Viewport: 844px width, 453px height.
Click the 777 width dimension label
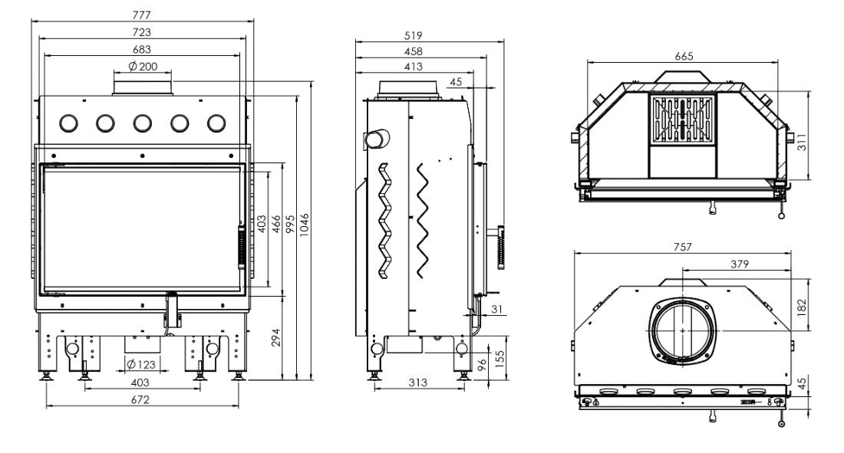tap(142, 15)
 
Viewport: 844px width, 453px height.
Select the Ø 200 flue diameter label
tap(143, 66)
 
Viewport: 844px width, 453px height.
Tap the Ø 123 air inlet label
tap(141, 364)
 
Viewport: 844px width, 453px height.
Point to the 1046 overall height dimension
tap(305, 225)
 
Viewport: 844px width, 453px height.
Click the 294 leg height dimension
tap(276, 337)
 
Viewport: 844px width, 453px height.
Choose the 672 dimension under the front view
tap(140, 400)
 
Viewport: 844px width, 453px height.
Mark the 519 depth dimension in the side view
tap(414, 35)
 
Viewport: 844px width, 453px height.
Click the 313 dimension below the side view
tap(417, 382)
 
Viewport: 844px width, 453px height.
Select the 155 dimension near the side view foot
tap(499, 359)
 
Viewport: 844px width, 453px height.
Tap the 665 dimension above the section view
tap(684, 56)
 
